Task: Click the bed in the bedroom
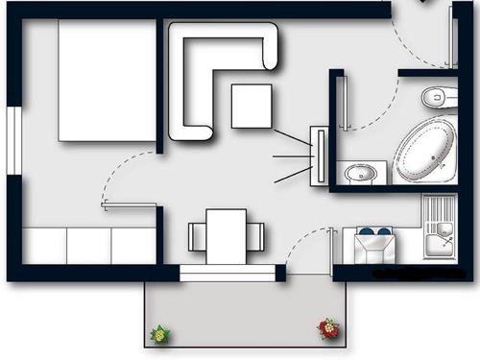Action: (x=107, y=81)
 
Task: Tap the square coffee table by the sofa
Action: (x=252, y=106)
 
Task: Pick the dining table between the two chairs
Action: (x=227, y=235)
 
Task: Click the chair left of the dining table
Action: (x=197, y=236)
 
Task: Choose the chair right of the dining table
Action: (x=255, y=236)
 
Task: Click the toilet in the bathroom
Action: (x=441, y=96)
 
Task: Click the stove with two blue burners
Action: (x=374, y=245)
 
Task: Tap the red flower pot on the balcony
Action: (x=328, y=329)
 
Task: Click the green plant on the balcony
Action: (x=159, y=334)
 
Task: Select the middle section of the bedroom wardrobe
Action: (x=88, y=246)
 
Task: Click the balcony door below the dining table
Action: (x=228, y=273)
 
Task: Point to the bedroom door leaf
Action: (x=130, y=204)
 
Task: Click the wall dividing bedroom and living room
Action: (x=159, y=86)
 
